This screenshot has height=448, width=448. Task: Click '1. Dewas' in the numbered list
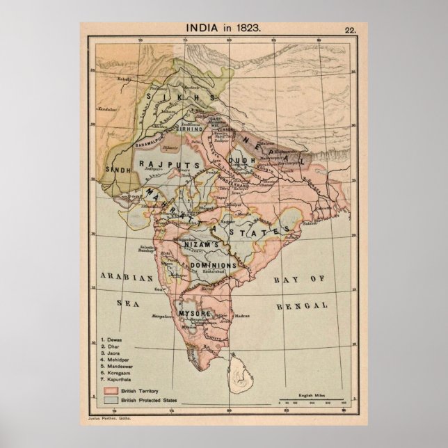tap(114, 339)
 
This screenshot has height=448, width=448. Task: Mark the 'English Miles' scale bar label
tap(311, 394)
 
